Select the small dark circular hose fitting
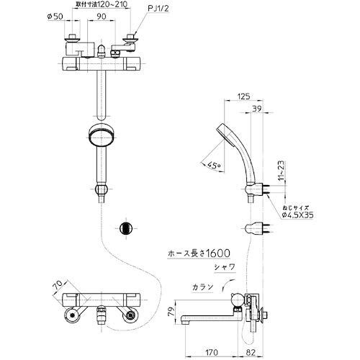pos(126,227)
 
